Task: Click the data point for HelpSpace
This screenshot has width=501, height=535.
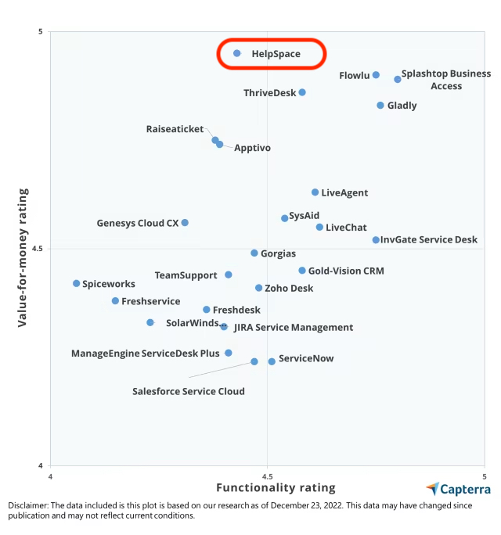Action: pos(237,53)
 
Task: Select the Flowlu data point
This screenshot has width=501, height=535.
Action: pos(376,75)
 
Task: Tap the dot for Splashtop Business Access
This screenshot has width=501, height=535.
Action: pos(398,79)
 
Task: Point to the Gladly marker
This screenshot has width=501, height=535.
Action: pos(380,106)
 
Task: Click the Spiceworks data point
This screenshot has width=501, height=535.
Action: pos(77,284)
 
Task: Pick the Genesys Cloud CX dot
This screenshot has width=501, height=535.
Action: pos(185,223)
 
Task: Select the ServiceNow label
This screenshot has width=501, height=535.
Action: pos(306,359)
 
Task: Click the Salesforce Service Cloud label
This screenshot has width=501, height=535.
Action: pos(188,391)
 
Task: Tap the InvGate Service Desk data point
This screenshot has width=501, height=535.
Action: pos(376,240)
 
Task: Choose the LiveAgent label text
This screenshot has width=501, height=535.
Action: pos(344,192)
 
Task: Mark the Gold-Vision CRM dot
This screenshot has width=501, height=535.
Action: pos(302,271)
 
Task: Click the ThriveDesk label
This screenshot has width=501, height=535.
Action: pos(269,93)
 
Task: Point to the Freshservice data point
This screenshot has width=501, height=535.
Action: pos(115,301)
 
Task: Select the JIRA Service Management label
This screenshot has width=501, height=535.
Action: pos(293,328)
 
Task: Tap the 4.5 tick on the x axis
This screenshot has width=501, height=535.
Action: pos(267,476)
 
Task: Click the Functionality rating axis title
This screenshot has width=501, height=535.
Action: pos(276,488)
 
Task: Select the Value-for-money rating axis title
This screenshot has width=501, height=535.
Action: pos(23,257)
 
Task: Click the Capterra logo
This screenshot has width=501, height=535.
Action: pos(459,490)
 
